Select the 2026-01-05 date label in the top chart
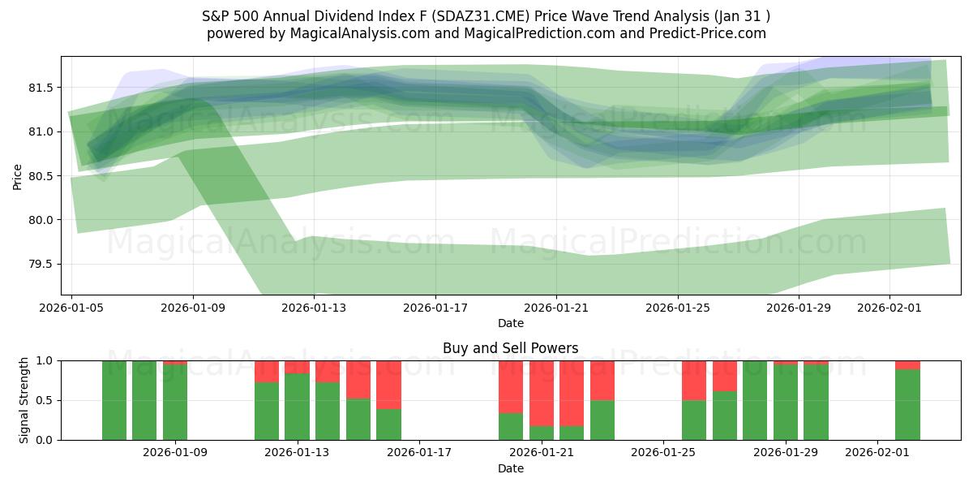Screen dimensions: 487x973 pyautogui.click(x=72, y=308)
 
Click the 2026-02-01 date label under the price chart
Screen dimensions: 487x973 pyautogui.click(x=889, y=308)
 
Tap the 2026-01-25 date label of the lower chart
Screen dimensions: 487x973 pyautogui.click(x=663, y=453)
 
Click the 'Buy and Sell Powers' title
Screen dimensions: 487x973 pyautogui.click(x=510, y=348)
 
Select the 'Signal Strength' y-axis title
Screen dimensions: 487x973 pyautogui.click(x=24, y=400)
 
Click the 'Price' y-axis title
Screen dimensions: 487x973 pyautogui.click(x=18, y=176)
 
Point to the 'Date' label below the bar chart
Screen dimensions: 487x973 pyautogui.click(x=510, y=468)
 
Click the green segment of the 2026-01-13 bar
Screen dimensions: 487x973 pyautogui.click(x=298, y=407)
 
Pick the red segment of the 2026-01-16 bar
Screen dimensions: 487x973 pyautogui.click(x=388, y=385)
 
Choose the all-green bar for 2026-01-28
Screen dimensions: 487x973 pyautogui.click(x=755, y=400)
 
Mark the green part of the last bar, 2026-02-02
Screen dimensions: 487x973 pyautogui.click(x=907, y=405)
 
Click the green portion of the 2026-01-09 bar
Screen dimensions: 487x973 pyautogui.click(x=175, y=403)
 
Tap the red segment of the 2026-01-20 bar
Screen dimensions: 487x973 pyautogui.click(x=511, y=386)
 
